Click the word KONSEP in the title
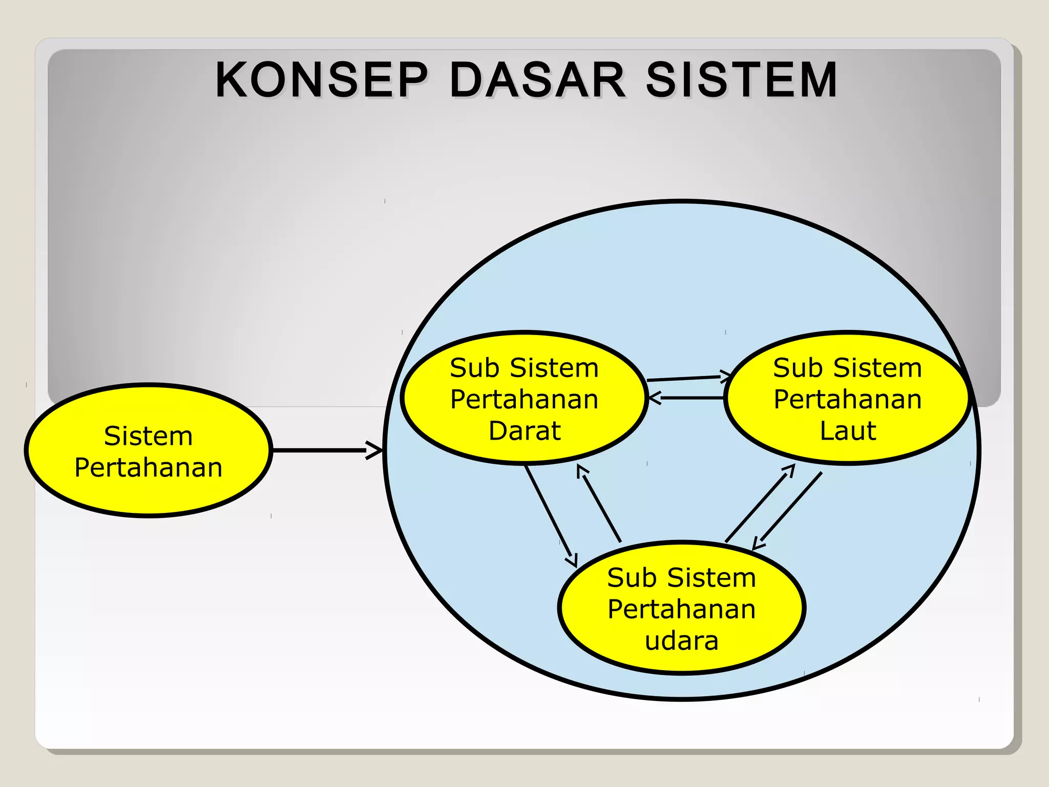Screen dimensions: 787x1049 (x=322, y=80)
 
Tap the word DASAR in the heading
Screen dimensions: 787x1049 (x=537, y=80)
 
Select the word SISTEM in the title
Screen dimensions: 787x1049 (x=741, y=80)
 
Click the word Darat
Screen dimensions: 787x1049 (x=524, y=431)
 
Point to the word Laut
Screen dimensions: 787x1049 (x=848, y=431)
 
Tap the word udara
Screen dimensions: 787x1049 (x=682, y=641)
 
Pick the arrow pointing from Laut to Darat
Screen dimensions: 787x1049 (x=686, y=398)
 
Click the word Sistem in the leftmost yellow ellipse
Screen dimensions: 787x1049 (x=148, y=436)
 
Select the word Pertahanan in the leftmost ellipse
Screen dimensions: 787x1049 (x=148, y=467)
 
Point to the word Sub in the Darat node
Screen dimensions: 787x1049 (x=474, y=368)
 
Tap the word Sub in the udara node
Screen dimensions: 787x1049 (x=632, y=578)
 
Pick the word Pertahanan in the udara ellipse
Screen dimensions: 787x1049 (x=682, y=609)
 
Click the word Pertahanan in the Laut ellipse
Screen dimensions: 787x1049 (x=848, y=399)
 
